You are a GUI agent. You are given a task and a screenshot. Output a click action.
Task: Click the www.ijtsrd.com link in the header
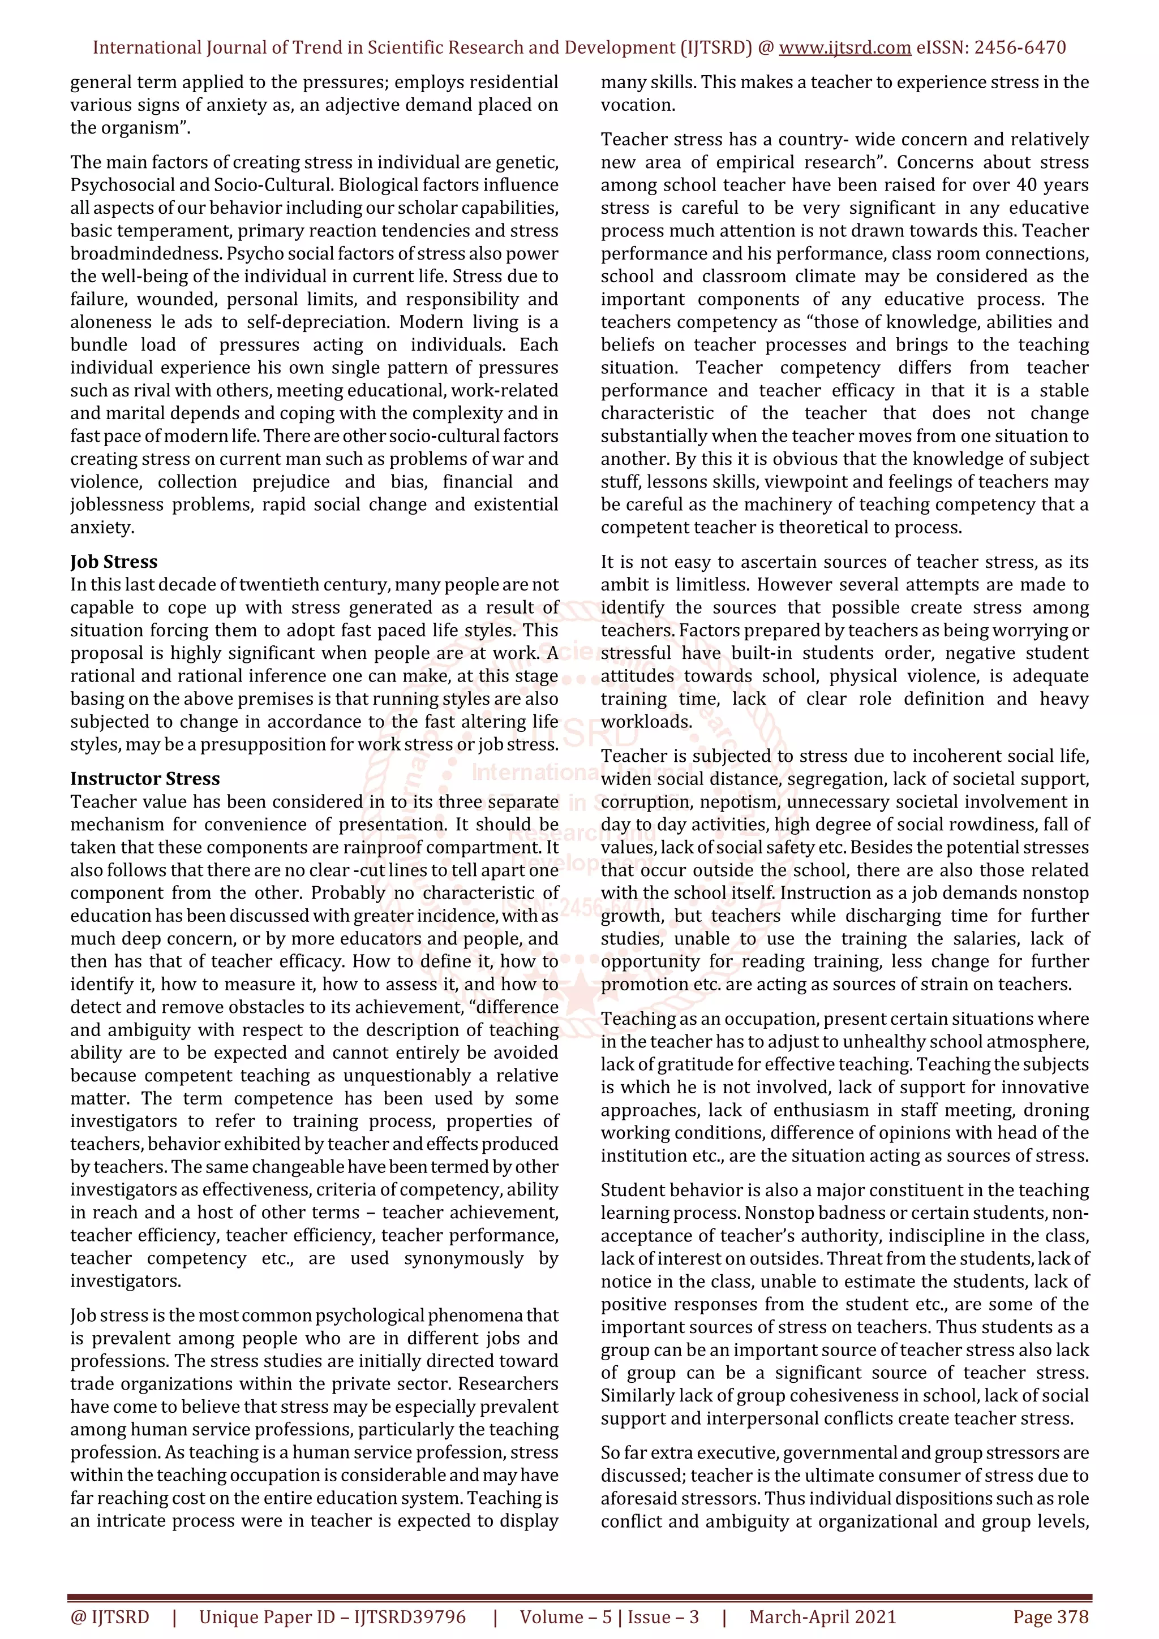coord(844,48)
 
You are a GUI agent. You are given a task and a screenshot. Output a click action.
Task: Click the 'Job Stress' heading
coord(114,562)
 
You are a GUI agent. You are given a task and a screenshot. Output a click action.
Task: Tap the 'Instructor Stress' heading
coord(145,779)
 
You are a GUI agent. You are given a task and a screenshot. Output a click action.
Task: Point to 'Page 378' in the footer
coord(1050,1617)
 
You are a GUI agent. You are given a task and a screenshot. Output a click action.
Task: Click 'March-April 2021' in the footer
coord(822,1617)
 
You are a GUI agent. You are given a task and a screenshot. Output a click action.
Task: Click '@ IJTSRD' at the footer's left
coord(110,1617)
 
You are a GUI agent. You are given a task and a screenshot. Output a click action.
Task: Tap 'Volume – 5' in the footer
coord(565,1617)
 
